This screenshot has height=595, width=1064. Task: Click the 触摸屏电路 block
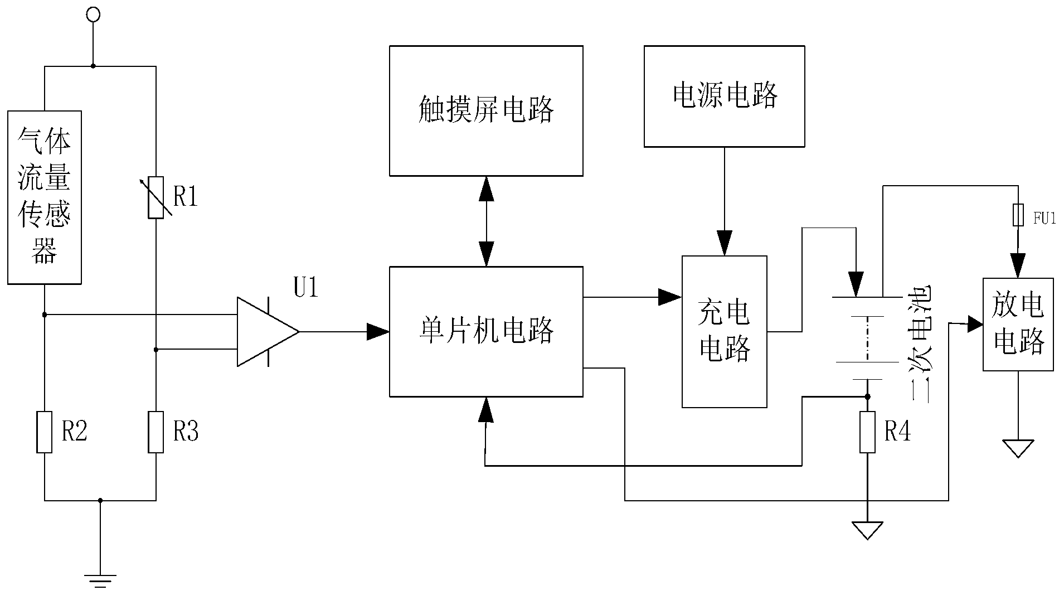pyautogui.click(x=486, y=110)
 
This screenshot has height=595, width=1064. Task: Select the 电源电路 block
pyautogui.click(x=724, y=96)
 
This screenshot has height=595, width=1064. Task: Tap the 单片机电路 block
pyautogui.click(x=486, y=331)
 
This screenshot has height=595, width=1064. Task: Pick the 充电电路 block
pyautogui.click(x=724, y=331)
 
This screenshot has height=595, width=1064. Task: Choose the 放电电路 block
pyautogui.click(x=1018, y=324)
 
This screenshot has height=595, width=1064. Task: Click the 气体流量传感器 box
pyautogui.click(x=45, y=197)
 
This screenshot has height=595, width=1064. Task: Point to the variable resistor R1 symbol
pyautogui.click(x=156, y=197)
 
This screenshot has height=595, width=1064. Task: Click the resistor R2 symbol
pyautogui.click(x=45, y=432)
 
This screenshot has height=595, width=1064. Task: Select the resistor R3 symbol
pyautogui.click(x=156, y=432)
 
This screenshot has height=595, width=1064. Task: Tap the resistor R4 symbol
pyautogui.click(x=867, y=432)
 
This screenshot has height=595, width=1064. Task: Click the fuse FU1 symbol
pyautogui.click(x=1018, y=215)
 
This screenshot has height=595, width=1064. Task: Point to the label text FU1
pyautogui.click(x=1044, y=219)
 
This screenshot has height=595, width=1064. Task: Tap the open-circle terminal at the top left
pyautogui.click(x=93, y=14)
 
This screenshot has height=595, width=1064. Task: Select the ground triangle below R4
pyautogui.click(x=867, y=530)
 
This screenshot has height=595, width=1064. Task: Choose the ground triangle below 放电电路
pyautogui.click(x=1018, y=448)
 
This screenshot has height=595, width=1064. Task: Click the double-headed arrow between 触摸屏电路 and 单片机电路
pyautogui.click(x=487, y=221)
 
